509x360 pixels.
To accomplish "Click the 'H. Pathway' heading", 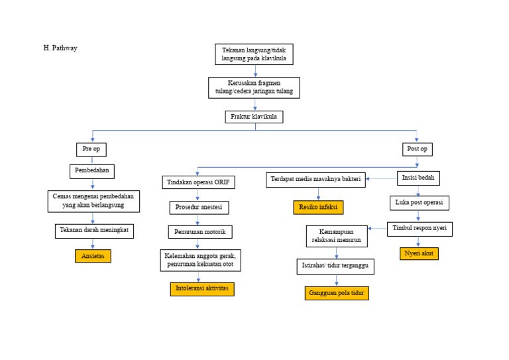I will click(x=60, y=48).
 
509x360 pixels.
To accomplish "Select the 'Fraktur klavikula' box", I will click(x=254, y=117).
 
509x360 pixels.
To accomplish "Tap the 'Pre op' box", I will click(x=91, y=149).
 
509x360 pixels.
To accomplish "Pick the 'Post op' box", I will click(x=417, y=149).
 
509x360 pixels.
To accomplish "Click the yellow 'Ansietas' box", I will click(x=93, y=256).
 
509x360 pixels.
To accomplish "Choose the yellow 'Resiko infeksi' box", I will click(x=318, y=208).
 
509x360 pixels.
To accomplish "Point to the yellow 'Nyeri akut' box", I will click(x=419, y=253).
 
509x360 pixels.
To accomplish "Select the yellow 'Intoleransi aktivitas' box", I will click(x=202, y=289).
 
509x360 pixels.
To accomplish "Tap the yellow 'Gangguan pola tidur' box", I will click(x=337, y=293).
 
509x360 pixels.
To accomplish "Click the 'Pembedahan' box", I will click(x=92, y=171).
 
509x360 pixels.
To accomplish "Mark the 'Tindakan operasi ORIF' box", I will click(x=198, y=182).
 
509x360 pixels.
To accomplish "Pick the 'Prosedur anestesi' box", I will click(x=199, y=208).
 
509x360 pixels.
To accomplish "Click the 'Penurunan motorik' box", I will click(x=200, y=232).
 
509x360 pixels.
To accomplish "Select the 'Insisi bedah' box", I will click(x=418, y=178).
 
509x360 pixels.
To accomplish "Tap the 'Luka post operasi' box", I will click(x=419, y=202).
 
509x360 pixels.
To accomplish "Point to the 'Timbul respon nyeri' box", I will click(x=420, y=229).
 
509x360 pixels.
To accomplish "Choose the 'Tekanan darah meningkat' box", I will click(x=94, y=231).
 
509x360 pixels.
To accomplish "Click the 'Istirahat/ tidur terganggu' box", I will click(x=335, y=267).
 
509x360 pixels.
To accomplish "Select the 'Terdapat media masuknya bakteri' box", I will click(x=315, y=180).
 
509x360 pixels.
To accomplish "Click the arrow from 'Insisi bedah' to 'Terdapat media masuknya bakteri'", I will click(x=381, y=178).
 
